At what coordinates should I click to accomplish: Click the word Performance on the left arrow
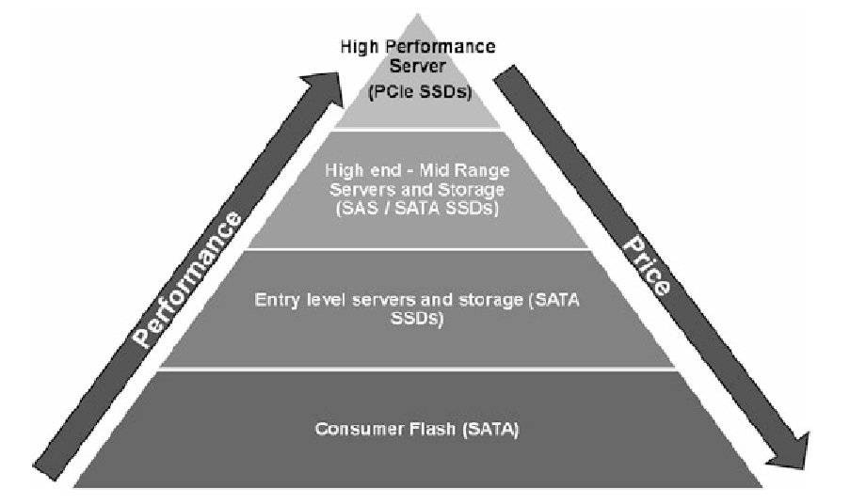click(188, 279)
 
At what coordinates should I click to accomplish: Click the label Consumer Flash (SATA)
click(417, 430)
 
